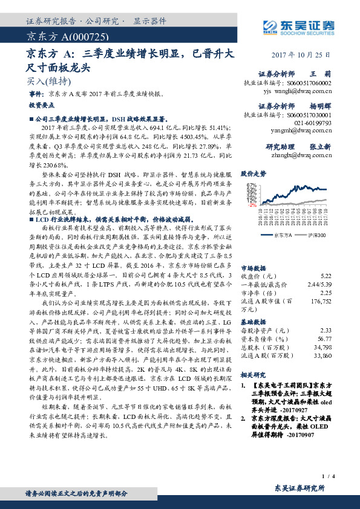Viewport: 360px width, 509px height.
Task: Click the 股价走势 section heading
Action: click(x=254, y=173)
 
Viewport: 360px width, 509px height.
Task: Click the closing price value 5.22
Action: click(x=326, y=257)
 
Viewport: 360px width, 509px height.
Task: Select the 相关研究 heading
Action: click(x=254, y=375)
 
